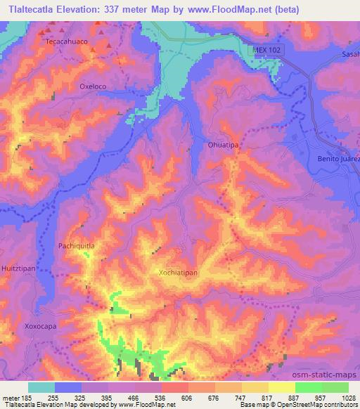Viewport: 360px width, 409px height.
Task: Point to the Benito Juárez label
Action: pos(339,160)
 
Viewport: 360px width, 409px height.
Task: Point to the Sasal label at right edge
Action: pos(350,53)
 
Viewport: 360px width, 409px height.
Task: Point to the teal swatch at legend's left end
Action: pos(41,387)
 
